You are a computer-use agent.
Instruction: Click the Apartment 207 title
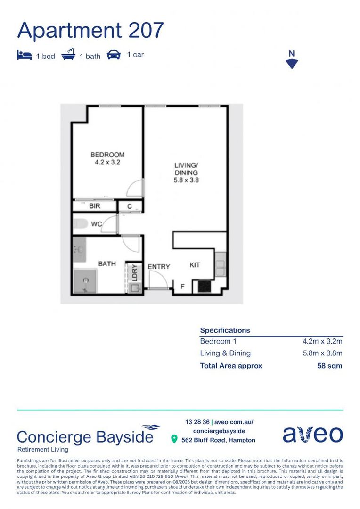tap(90, 30)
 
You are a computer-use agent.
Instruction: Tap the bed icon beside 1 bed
tap(24, 56)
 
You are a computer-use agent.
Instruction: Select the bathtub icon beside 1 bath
tap(69, 55)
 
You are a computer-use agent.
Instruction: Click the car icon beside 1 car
tap(114, 55)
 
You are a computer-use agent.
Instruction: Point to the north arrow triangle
tap(292, 64)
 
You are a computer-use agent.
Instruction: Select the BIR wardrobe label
tap(95, 206)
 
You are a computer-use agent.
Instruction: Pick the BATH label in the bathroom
tap(107, 263)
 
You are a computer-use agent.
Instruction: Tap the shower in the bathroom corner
tap(86, 281)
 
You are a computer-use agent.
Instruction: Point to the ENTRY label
tap(159, 267)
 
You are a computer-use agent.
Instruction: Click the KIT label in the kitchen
tap(195, 265)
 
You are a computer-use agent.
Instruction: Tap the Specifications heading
tap(225, 330)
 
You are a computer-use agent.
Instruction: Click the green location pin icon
tap(174, 440)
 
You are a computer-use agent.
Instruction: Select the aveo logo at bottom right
tap(312, 434)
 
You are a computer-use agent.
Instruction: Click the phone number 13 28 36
tap(197, 422)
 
